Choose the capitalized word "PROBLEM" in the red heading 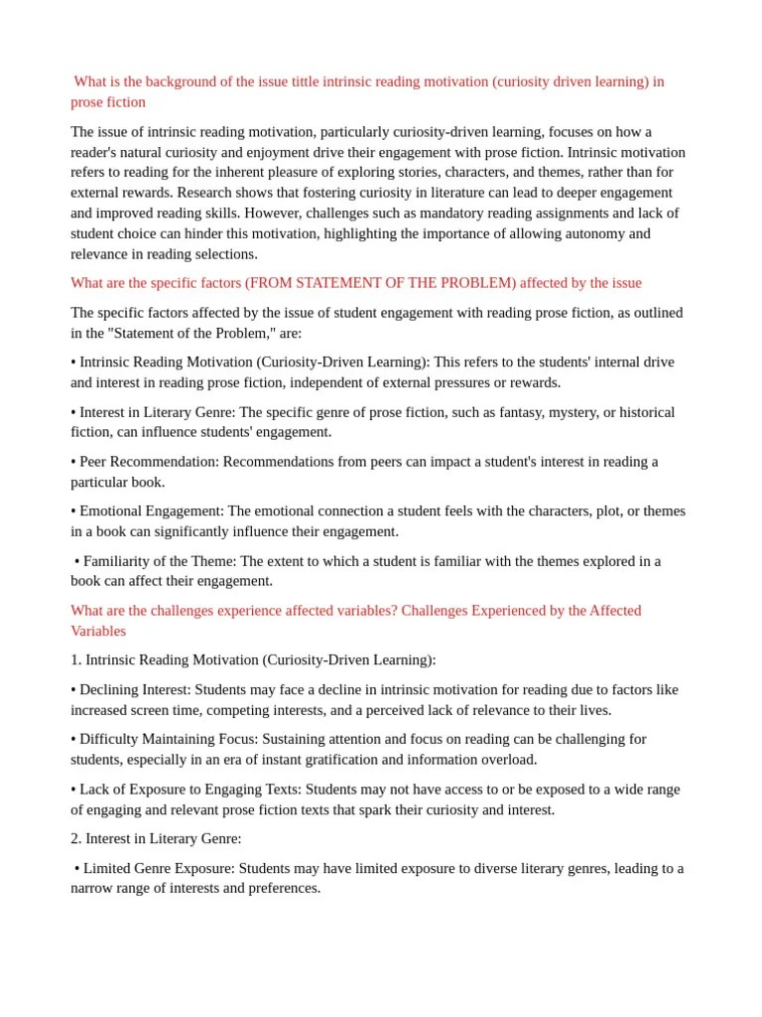point(471,283)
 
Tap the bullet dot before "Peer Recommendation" point(73,462)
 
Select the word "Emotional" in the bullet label point(110,511)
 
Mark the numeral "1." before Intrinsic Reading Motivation point(76,659)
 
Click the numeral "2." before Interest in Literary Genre point(76,838)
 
